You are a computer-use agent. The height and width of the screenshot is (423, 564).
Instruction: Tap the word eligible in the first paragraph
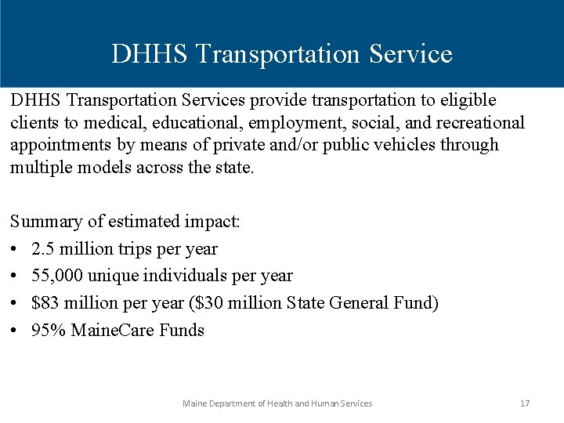(x=467, y=101)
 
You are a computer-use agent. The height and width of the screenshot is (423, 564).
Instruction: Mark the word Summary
(x=43, y=222)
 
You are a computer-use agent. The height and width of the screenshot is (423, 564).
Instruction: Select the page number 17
(x=525, y=403)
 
